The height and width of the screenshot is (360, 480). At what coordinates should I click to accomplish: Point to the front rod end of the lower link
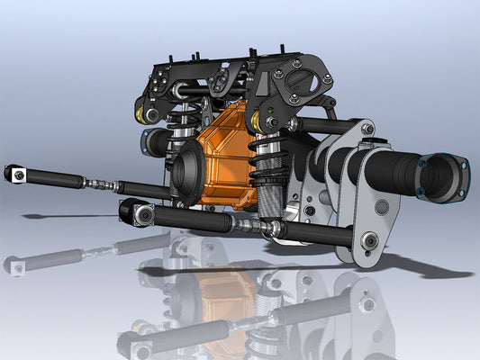tap(137, 213)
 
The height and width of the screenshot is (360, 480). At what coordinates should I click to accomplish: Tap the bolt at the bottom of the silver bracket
tap(369, 240)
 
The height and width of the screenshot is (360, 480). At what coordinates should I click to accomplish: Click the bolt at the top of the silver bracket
tap(367, 130)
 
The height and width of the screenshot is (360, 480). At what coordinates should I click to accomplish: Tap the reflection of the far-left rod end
tap(15, 265)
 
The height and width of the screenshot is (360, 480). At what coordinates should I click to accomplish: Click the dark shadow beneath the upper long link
tap(54, 217)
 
